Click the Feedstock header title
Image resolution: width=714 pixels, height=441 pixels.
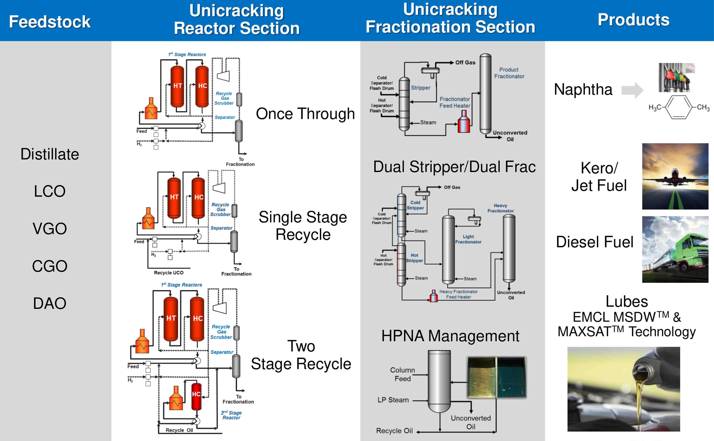pos(50,22)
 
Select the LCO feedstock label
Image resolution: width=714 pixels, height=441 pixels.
pos(50,191)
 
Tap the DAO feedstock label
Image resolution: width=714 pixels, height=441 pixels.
pos(50,303)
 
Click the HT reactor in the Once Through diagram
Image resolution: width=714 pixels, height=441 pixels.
pos(177,86)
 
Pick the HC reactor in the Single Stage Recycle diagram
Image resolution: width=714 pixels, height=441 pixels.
pos(199,197)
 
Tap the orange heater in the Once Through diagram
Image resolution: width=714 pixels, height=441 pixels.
pos(151,109)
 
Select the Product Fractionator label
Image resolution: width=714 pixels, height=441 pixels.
pos(509,73)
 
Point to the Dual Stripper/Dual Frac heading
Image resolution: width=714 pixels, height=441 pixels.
pos(454,167)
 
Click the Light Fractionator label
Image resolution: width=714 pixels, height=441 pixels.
pos(468,239)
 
